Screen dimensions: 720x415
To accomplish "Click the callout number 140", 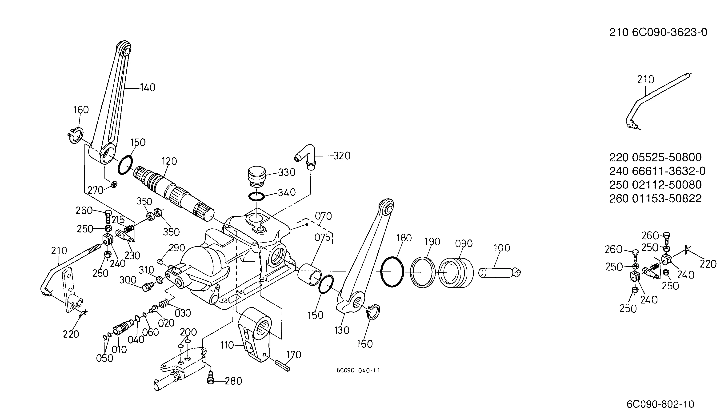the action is point(148,87).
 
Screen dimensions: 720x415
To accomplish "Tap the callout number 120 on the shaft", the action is point(169,161).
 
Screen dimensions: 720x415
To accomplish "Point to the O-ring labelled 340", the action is point(256,196).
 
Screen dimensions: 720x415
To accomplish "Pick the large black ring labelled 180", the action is point(392,272).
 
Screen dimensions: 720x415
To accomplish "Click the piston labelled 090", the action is point(456,273).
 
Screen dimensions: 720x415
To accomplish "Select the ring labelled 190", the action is point(423,272).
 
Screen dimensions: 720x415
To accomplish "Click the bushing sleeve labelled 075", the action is point(310,275).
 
